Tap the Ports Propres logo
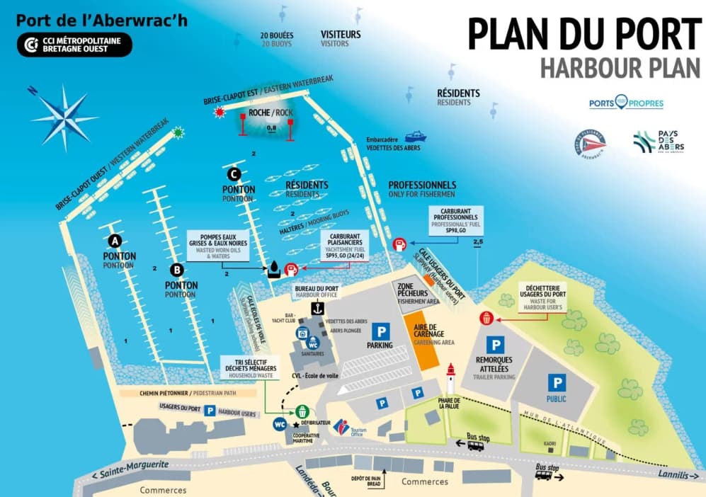626,103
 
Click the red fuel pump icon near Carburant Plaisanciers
290,269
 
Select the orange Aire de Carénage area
428,340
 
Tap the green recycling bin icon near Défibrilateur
302,411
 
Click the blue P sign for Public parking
557,383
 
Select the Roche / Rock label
271,113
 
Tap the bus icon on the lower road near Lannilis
544,475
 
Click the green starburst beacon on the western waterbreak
178,132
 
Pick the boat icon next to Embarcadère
415,135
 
